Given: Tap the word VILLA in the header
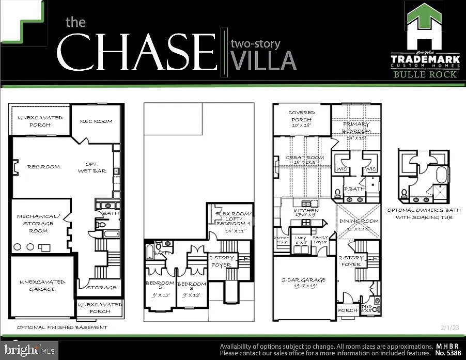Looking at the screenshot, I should click(x=263, y=60).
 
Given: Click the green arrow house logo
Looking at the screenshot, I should click(x=425, y=25).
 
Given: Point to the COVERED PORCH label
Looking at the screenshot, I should click(x=301, y=119).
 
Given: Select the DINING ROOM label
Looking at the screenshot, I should click(x=359, y=224).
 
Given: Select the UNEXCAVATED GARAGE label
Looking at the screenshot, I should click(x=42, y=286).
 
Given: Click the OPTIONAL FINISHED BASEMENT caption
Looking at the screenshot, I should click(x=63, y=327).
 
